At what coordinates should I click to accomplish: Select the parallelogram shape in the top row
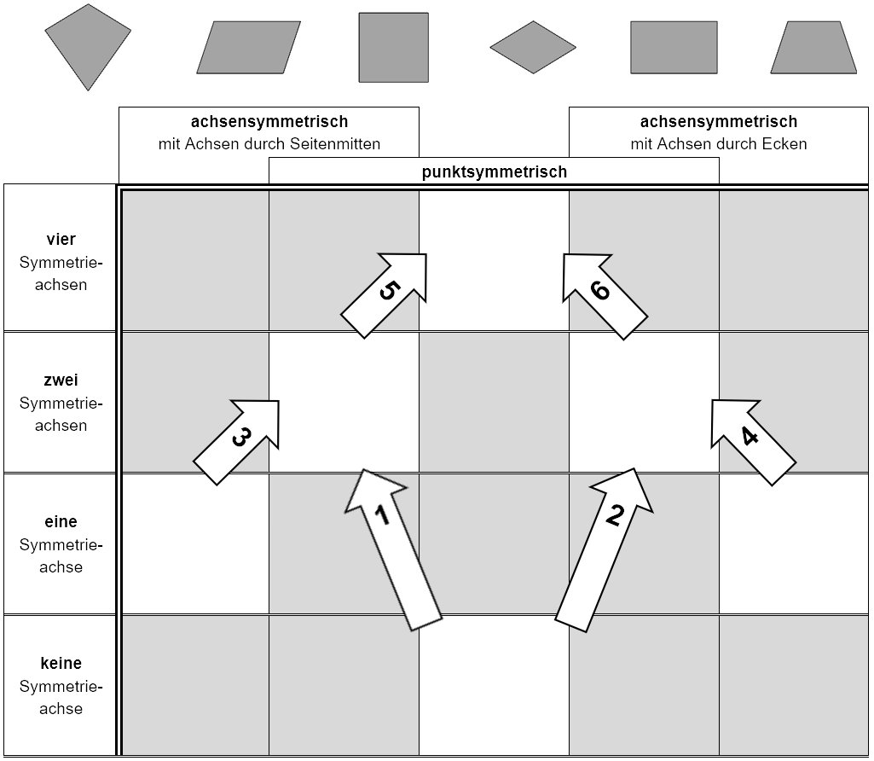point(249,48)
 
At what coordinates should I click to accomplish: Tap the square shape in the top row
point(394,48)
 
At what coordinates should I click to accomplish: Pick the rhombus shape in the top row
point(533,48)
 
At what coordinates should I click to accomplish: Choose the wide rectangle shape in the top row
point(674,48)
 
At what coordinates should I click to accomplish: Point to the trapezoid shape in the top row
point(813,48)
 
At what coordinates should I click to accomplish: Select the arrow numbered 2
point(605,549)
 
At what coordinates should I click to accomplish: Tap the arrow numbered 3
point(236,442)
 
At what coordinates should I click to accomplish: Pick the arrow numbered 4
point(754,442)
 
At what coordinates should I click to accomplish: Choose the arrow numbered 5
point(384,295)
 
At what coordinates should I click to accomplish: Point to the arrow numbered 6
point(605,297)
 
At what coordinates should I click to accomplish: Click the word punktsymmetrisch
point(495,171)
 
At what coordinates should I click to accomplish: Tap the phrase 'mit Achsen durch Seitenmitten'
point(269,144)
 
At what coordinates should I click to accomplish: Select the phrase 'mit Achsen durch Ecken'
point(719,144)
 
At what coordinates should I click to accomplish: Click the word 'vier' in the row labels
point(61,239)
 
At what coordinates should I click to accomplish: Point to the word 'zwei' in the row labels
point(61,380)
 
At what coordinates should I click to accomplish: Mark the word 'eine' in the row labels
point(61,522)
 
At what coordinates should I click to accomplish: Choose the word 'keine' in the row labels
point(61,663)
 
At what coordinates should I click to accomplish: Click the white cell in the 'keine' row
point(494,685)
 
